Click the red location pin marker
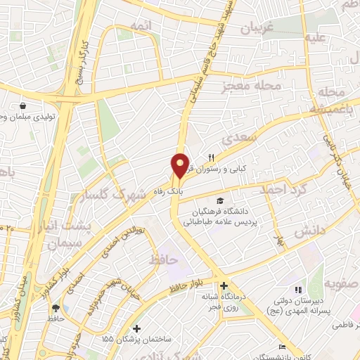pyautogui.click(x=180, y=166)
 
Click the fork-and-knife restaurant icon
pyautogui.click(x=210, y=157)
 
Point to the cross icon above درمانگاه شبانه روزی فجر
pyautogui.click(x=224, y=286)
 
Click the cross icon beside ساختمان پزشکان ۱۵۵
pyautogui.click(x=136, y=328)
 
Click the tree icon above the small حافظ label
pyautogui.click(x=56, y=307)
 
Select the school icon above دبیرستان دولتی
pyautogui.click(x=299, y=289)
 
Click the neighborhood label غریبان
pyautogui.click(x=257, y=28)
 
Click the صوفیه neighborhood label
pyautogui.click(x=340, y=285)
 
